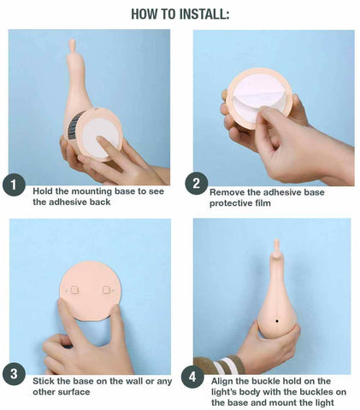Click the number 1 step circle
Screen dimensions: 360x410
(x=14, y=185)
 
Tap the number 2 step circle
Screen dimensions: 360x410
(x=196, y=184)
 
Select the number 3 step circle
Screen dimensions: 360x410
(x=14, y=373)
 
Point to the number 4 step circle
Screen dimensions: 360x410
(x=192, y=377)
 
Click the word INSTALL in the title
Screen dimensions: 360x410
(x=197, y=15)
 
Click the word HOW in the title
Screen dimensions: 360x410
(x=141, y=15)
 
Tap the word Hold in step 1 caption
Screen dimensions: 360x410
(x=41, y=191)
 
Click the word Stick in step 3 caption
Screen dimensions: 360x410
(x=42, y=381)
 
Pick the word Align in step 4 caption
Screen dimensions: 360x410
(x=221, y=382)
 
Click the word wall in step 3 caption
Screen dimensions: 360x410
(x=134, y=381)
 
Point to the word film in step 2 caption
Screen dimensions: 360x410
(x=263, y=203)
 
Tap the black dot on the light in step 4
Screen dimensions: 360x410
(x=277, y=321)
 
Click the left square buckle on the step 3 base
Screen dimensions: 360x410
(x=75, y=290)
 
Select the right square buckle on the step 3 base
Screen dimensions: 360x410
(x=106, y=290)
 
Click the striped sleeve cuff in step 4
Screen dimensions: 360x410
(x=220, y=365)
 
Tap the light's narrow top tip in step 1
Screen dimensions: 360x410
(x=72, y=45)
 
